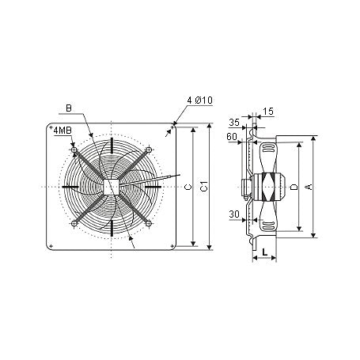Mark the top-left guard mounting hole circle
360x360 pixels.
click(x=74, y=149)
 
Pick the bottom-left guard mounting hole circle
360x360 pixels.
click(x=74, y=223)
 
